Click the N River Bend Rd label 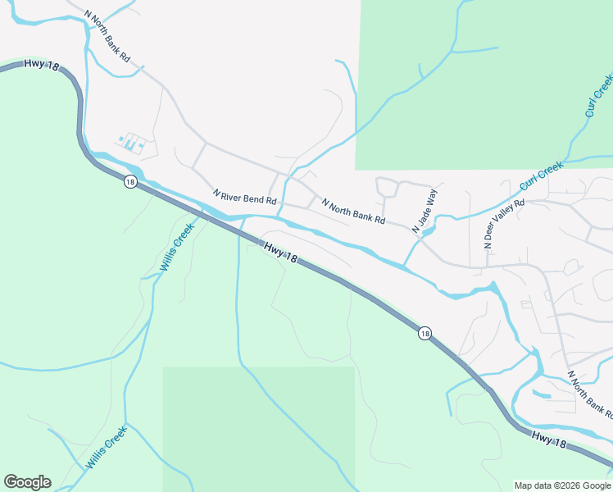(x=245, y=198)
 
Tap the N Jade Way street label (x=425, y=212)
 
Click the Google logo (x=27, y=482)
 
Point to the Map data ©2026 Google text (x=562, y=485)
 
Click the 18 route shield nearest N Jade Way (x=423, y=333)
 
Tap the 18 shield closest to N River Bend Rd (x=130, y=182)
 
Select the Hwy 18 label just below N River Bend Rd (x=280, y=252)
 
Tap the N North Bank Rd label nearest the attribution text (x=590, y=394)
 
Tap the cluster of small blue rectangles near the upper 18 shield (x=131, y=143)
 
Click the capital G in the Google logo (x=11, y=482)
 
